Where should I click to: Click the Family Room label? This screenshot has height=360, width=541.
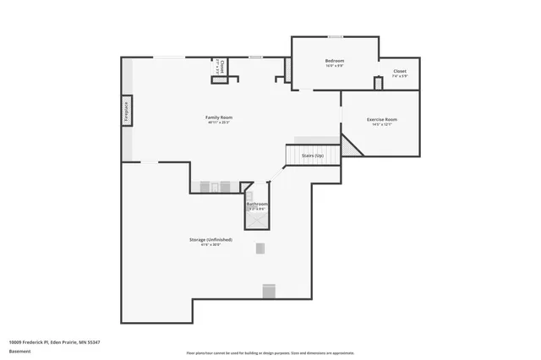(x=219, y=117)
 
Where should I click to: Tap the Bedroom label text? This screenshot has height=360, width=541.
(x=335, y=61)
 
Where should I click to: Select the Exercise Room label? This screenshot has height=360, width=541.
(x=381, y=119)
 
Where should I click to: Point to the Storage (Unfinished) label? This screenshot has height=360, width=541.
(x=210, y=239)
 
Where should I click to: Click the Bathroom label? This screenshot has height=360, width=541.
(x=257, y=204)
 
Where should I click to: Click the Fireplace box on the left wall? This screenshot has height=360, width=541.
(x=127, y=112)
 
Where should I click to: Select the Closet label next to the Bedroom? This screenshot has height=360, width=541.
(x=399, y=71)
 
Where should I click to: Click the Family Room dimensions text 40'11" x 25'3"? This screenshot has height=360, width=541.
(x=219, y=123)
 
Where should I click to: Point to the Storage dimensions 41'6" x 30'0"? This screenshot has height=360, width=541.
(x=210, y=245)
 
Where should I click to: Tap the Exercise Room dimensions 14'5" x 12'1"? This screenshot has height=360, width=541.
(x=381, y=125)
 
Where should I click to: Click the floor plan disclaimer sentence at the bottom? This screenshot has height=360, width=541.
(x=270, y=352)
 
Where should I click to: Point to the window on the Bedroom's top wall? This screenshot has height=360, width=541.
(x=336, y=36)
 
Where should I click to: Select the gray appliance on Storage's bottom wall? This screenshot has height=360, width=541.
(x=269, y=291)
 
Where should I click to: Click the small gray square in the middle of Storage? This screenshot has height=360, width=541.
(x=260, y=248)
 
